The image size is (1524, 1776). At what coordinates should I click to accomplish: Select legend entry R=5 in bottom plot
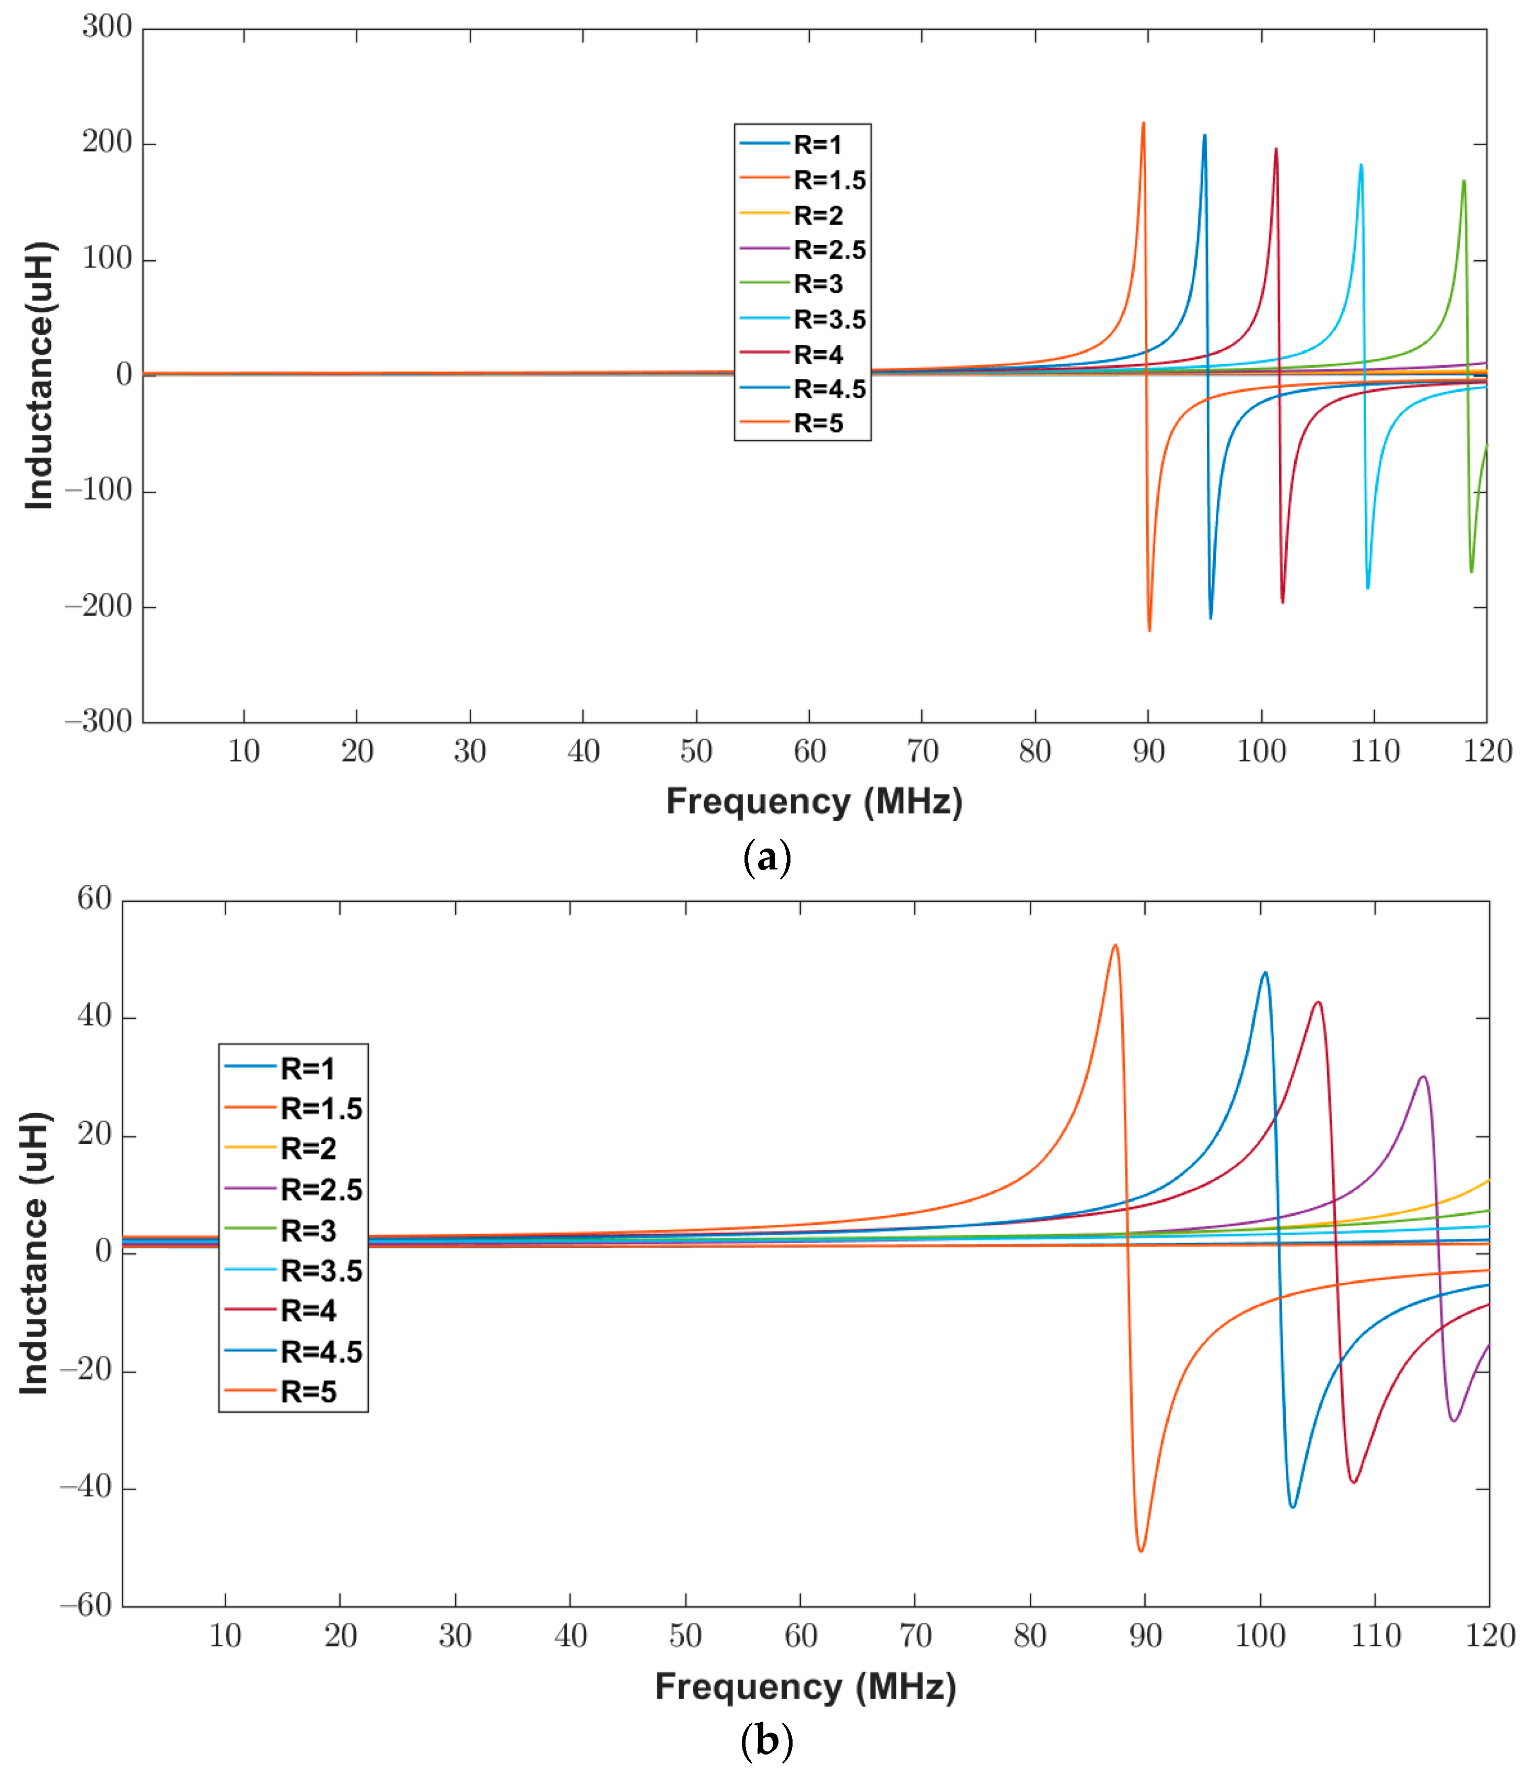pos(308,1391)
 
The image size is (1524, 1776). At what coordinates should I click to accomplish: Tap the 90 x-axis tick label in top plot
pos(1148,752)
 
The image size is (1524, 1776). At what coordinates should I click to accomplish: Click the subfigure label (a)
pos(766,857)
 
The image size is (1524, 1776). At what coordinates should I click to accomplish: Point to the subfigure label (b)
pos(766,1741)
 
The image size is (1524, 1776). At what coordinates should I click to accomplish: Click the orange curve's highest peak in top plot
pos(1143,123)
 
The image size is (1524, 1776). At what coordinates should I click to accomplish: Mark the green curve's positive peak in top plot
pos(1463,181)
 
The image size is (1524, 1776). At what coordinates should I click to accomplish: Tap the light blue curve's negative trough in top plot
pos(1367,587)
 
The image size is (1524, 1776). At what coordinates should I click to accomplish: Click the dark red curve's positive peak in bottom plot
pos(1318,1002)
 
